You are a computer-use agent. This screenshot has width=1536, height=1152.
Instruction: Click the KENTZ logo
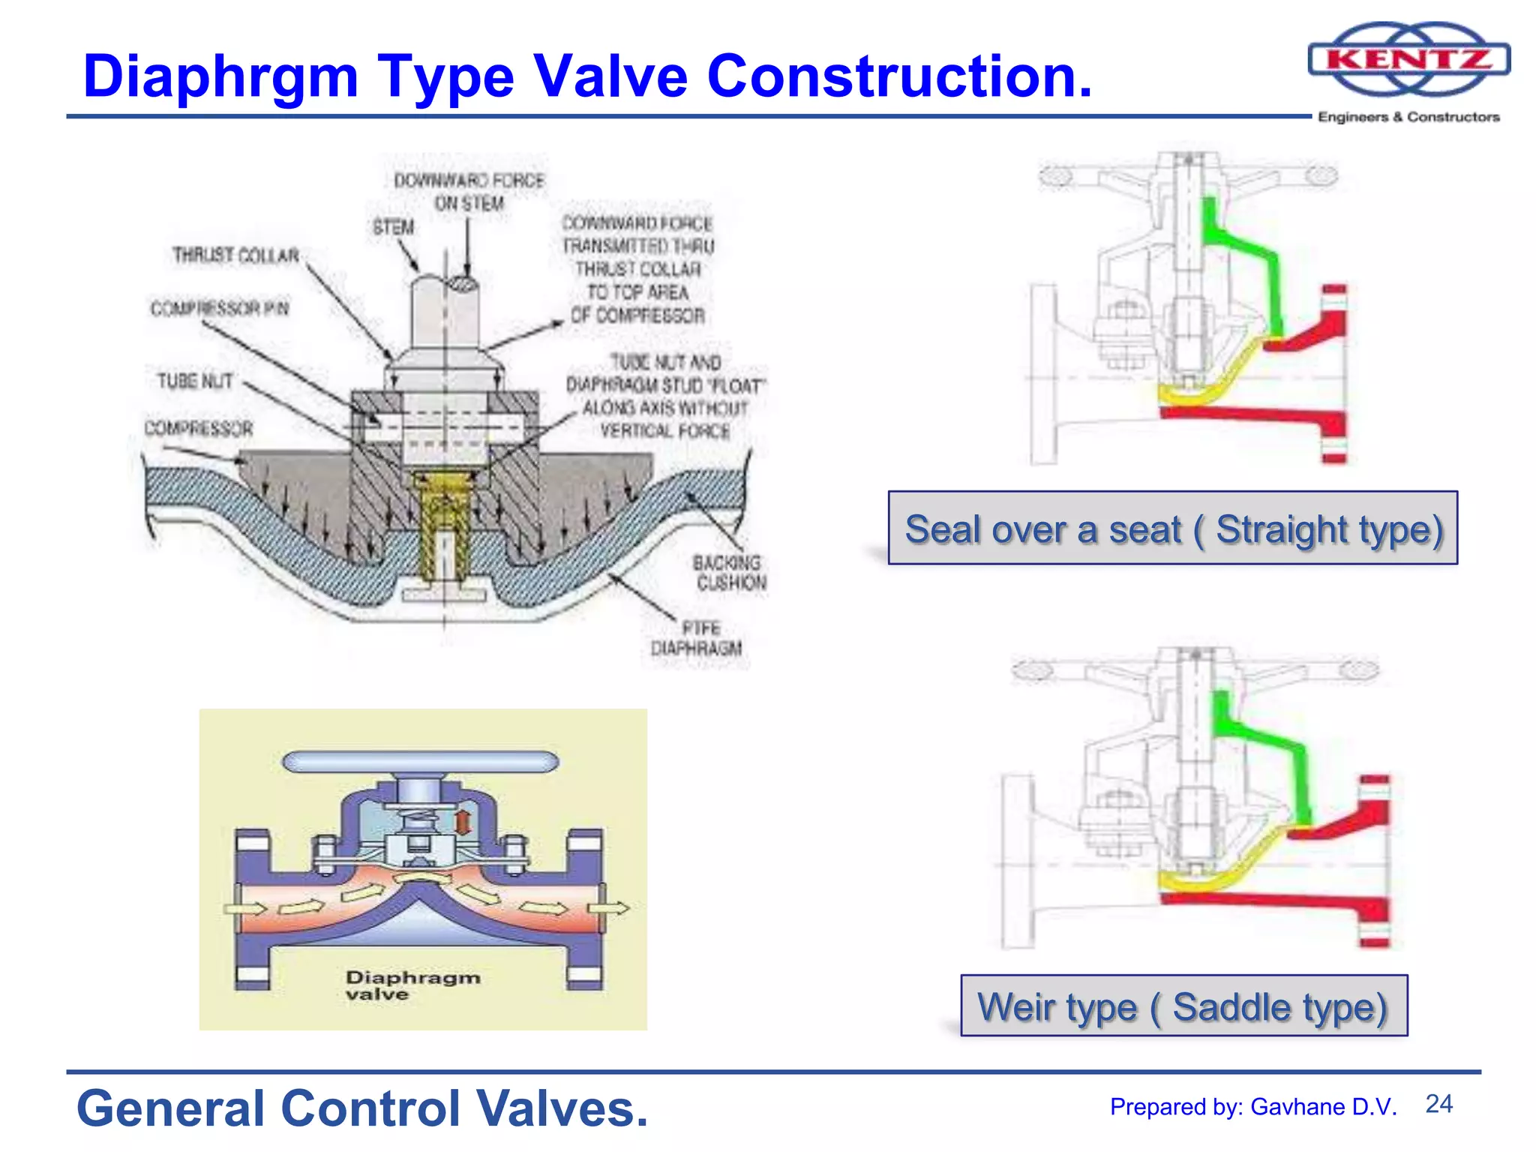click(1408, 60)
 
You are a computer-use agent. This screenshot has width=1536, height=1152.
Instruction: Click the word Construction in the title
click(898, 76)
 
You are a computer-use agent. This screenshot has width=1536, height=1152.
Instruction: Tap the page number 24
click(1438, 1104)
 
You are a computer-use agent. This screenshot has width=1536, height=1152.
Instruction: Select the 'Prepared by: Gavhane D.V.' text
click(1253, 1107)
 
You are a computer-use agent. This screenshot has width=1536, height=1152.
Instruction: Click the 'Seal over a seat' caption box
click(1173, 529)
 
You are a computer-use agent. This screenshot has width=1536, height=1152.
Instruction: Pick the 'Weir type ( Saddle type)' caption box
click(1183, 1006)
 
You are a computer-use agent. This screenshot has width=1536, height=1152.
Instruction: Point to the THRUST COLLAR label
click(235, 256)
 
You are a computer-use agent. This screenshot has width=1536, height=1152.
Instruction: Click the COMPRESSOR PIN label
click(220, 309)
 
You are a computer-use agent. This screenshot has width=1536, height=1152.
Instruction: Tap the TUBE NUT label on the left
click(195, 381)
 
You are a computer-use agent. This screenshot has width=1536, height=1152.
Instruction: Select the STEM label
click(393, 226)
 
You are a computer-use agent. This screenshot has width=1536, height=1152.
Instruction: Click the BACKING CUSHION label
click(729, 572)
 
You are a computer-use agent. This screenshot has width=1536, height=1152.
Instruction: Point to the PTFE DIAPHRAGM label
click(697, 638)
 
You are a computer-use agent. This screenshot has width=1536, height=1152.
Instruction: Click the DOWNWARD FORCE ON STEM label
click(469, 192)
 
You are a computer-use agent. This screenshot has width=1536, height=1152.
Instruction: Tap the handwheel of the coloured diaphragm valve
click(420, 762)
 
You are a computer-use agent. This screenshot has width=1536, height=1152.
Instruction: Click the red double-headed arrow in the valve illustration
click(463, 821)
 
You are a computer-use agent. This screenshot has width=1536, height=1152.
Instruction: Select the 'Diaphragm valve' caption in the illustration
click(412, 985)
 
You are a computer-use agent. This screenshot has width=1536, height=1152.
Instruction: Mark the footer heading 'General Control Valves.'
click(362, 1108)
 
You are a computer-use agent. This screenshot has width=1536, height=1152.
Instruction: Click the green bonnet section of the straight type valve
click(1241, 255)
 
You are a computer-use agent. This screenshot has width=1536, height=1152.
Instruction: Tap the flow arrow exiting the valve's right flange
click(611, 909)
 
